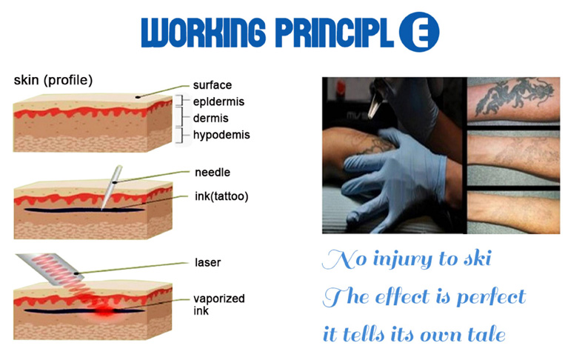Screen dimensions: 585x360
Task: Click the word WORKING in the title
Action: click(204, 33)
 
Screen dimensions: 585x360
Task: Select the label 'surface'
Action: click(213, 85)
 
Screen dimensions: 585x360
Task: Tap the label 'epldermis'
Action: click(218, 101)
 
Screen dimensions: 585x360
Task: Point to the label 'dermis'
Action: click(210, 119)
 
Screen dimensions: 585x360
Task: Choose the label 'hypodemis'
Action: click(221, 135)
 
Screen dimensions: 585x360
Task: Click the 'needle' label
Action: click(213, 173)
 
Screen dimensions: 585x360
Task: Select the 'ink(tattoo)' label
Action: click(221, 196)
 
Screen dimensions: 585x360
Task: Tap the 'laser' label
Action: click(208, 263)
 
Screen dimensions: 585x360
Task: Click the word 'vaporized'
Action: click(219, 299)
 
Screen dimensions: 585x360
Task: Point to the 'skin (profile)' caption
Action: click(53, 80)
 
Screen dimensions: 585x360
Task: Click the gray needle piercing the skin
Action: click(111, 187)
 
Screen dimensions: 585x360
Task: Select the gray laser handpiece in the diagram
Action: click(50, 270)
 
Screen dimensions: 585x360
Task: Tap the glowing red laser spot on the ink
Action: click(105, 311)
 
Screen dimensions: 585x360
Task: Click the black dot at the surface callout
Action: click(138, 97)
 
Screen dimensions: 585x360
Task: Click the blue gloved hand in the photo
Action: click(394, 176)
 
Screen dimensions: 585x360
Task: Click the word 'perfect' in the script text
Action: click(491, 298)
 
